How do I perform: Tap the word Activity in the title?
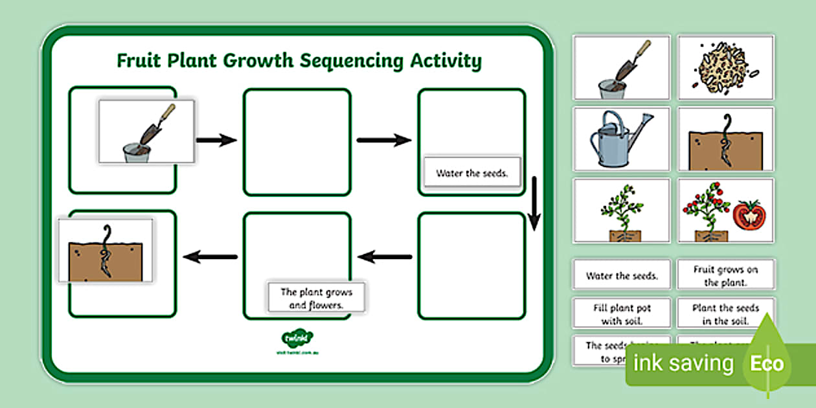click(446, 61)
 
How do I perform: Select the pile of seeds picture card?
click(725, 67)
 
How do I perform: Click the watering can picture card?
click(621, 139)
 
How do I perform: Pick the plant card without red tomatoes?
click(621, 210)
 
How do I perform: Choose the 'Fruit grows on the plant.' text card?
click(725, 275)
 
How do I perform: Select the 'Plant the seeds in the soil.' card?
click(725, 314)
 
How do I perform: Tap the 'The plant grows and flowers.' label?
click(316, 299)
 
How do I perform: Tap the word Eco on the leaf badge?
click(767, 363)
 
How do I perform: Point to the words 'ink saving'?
click(683, 363)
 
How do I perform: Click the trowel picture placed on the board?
click(146, 131)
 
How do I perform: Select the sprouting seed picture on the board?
click(106, 251)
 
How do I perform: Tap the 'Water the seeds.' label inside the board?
click(471, 174)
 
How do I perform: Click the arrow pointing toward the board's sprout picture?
click(210, 257)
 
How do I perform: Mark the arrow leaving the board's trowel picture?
click(216, 140)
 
